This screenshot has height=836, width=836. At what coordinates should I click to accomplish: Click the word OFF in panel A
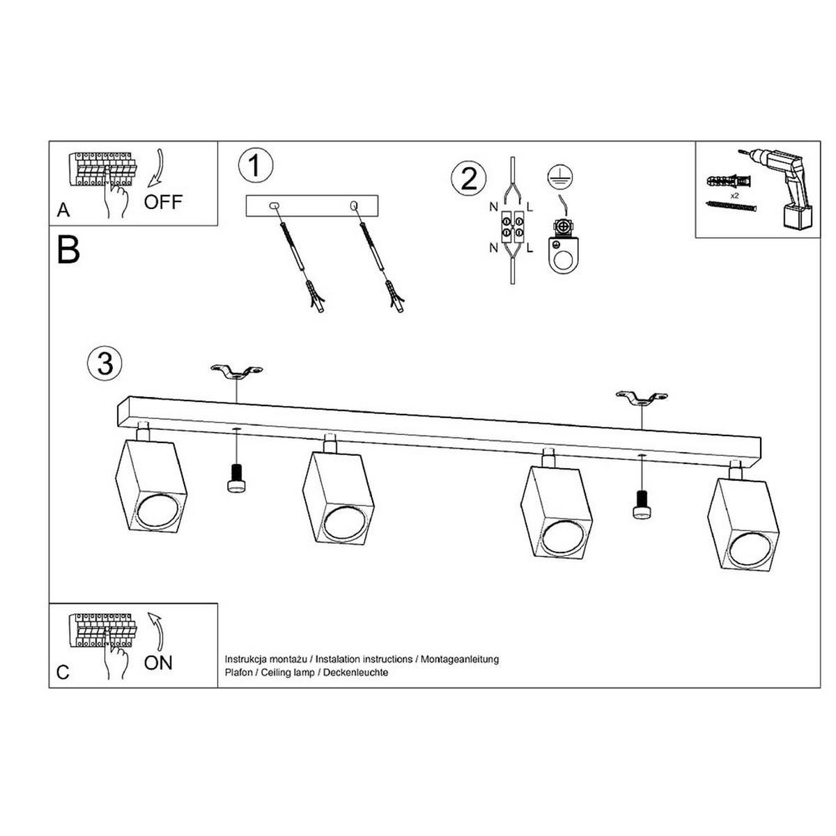click(x=163, y=202)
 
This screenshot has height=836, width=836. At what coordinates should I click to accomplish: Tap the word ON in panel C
click(x=158, y=663)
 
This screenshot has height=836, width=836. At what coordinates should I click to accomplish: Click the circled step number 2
click(x=469, y=178)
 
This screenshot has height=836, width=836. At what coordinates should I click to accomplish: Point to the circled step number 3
click(x=104, y=363)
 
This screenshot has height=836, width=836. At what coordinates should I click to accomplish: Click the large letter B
click(x=68, y=249)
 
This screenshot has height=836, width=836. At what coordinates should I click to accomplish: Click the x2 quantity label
click(x=734, y=196)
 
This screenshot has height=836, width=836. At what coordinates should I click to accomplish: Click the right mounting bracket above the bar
click(x=642, y=397)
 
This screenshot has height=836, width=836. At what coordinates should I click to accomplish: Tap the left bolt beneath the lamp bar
click(x=236, y=478)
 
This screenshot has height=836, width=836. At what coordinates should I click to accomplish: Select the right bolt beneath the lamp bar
click(x=642, y=504)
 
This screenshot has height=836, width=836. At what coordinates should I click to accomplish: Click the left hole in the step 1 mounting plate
click(x=274, y=206)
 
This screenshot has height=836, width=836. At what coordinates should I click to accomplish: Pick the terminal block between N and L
click(x=512, y=226)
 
